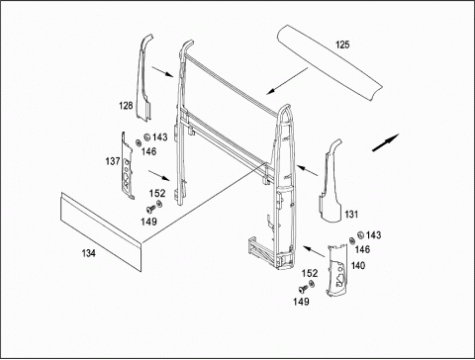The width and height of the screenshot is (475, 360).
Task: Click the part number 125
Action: pyautogui.click(x=342, y=45)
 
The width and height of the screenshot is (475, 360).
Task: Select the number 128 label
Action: pyautogui.click(x=126, y=106)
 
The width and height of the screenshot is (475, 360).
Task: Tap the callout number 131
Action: pyautogui.click(x=351, y=215)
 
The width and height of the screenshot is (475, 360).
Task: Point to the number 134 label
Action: pyautogui.click(x=89, y=253)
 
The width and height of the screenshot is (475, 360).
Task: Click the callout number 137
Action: pyautogui.click(x=113, y=161)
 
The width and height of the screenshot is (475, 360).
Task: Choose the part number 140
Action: pyautogui.click(x=358, y=265)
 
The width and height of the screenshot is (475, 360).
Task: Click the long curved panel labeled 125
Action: pyautogui.click(x=330, y=62)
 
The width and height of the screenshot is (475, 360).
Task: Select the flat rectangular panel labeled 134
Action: pyautogui.click(x=101, y=232)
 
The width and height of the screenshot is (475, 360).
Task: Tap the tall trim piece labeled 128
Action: pyautogui.click(x=143, y=79)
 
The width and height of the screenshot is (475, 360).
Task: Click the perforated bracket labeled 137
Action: pyautogui.click(x=127, y=166)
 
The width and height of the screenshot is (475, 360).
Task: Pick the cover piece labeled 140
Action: pyautogui.click(x=337, y=270)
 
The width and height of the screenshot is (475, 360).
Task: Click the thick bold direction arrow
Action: pyautogui.click(x=386, y=142)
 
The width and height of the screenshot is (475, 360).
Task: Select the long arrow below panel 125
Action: pyautogui.click(x=287, y=81)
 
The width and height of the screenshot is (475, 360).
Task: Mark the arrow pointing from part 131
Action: pyautogui.click(x=307, y=170)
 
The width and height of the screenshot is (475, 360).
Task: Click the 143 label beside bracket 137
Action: pyautogui.click(x=160, y=137)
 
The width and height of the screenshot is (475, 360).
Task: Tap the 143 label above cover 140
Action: pyautogui.click(x=373, y=235)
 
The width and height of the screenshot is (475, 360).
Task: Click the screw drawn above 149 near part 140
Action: pyautogui.click(x=303, y=289)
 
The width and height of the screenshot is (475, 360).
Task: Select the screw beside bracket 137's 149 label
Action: pyautogui.click(x=150, y=209)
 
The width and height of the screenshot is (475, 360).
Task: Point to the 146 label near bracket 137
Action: pyautogui.click(x=148, y=151)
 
